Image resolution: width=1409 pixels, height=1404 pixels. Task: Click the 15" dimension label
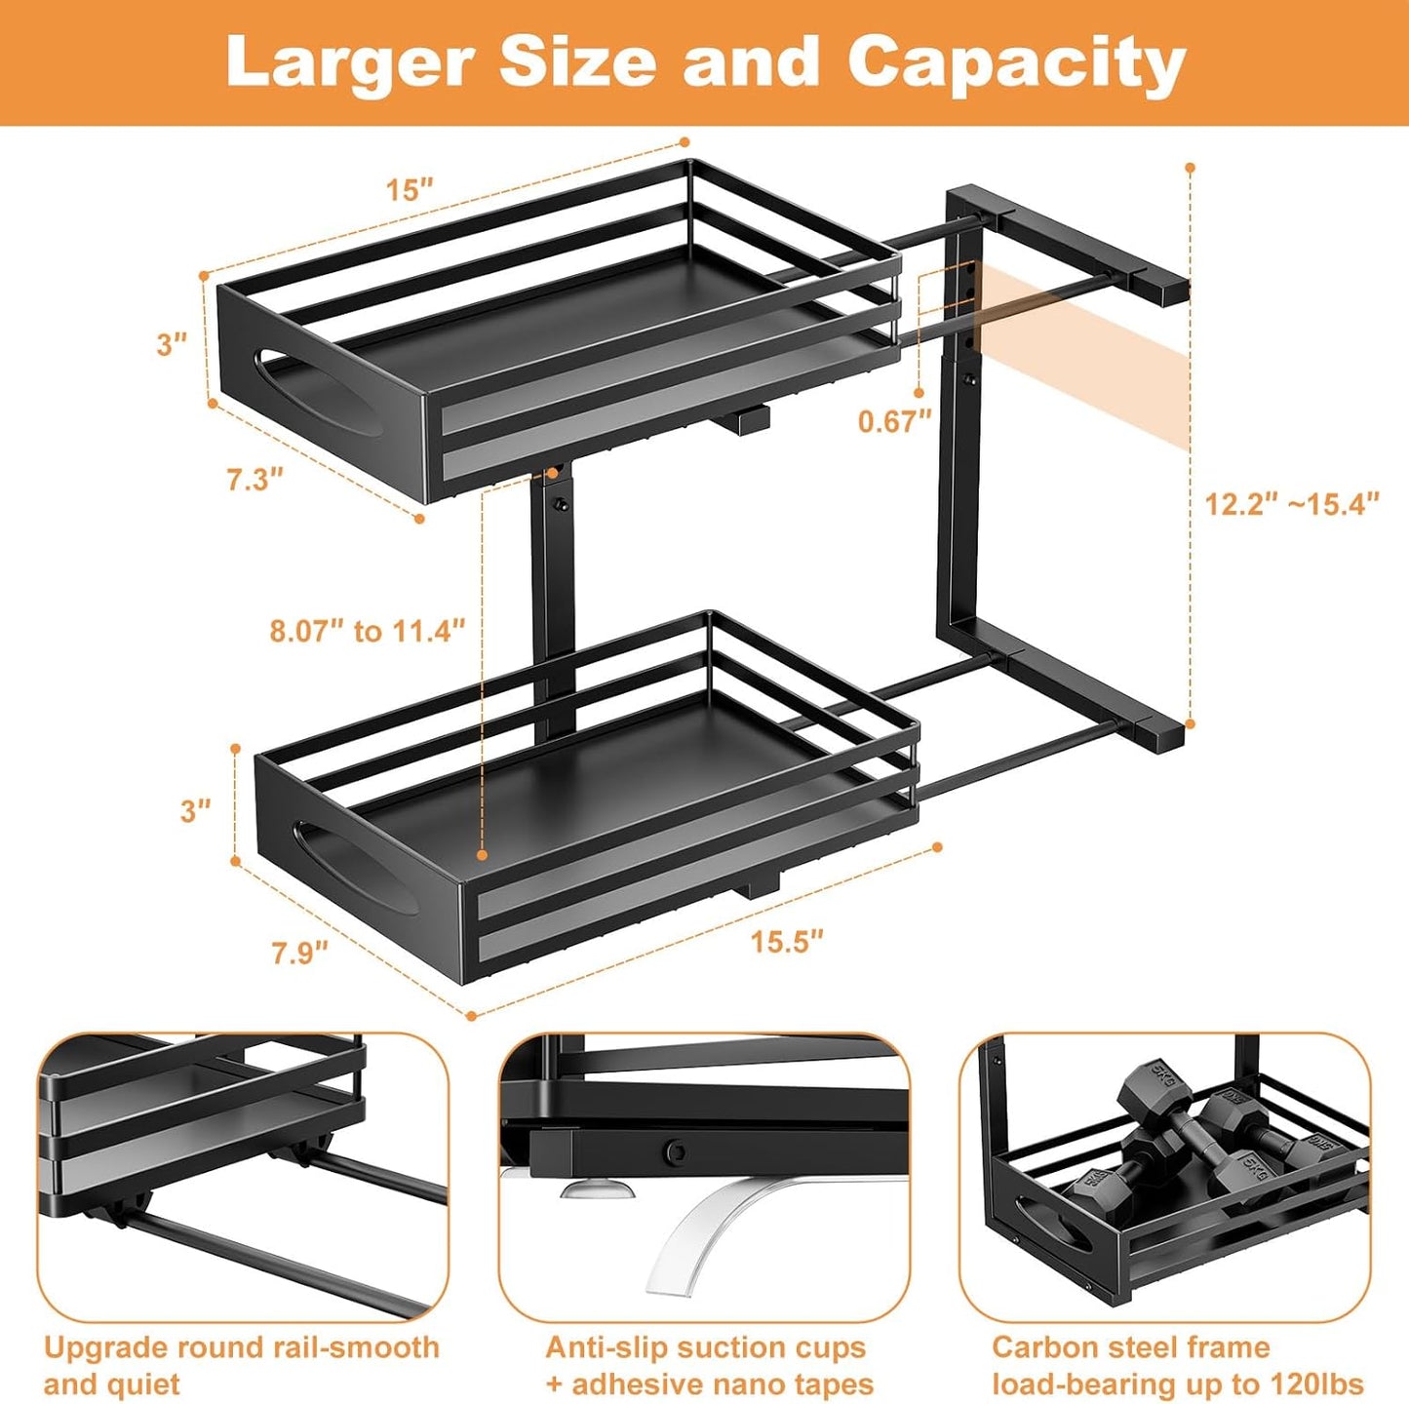point(409,189)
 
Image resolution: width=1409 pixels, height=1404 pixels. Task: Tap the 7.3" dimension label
point(254,479)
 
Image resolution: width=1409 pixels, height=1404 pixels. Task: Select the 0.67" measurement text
point(894,421)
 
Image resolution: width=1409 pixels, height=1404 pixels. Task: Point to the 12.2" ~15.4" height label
point(1292,504)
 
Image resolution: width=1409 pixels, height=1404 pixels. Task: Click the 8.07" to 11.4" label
point(368,631)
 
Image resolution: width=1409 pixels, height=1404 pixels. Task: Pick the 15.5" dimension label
point(786,941)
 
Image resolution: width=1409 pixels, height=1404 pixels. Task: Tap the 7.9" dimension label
point(299,952)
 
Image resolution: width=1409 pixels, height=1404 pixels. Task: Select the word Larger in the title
point(349,62)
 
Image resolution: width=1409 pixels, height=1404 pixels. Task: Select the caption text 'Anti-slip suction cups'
point(705,1347)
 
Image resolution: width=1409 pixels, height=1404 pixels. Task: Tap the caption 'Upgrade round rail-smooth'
point(241,1347)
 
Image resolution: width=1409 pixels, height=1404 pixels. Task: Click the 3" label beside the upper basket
point(172,343)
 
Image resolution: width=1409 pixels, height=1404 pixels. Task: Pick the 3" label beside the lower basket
point(195,810)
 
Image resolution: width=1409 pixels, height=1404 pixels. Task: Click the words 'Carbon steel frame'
point(1130,1347)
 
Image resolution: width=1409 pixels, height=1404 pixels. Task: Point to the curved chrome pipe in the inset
point(702,1238)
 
